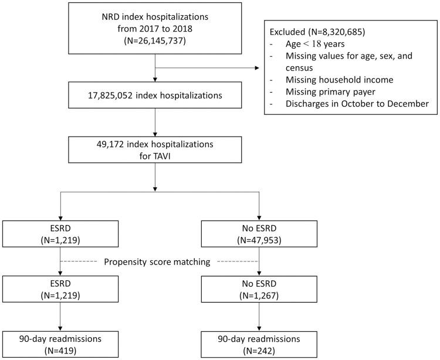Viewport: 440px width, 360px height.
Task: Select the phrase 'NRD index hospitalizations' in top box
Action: pos(155,21)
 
